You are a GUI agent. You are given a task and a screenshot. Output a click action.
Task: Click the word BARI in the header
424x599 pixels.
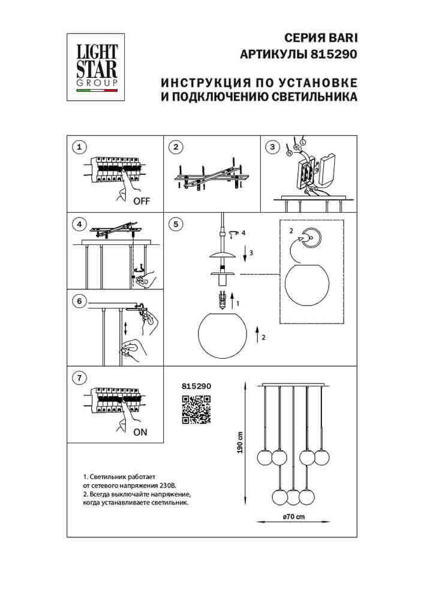tap(342, 37)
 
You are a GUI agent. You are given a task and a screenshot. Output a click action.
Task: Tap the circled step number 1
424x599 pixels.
tap(79, 146)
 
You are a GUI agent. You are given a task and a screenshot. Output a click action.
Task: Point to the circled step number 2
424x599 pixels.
tap(175, 146)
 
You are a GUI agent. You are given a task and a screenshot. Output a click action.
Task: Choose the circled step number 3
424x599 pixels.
tap(272, 146)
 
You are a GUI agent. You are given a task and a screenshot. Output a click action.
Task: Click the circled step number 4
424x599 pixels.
tap(79, 224)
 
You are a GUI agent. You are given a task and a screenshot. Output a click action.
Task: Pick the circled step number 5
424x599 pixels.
tap(175, 224)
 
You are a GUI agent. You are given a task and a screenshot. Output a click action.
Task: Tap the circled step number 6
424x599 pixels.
tap(79, 301)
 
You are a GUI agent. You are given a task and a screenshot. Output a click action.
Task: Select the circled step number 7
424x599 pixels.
tap(79, 377)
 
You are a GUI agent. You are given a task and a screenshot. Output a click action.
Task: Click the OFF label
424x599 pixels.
tap(142, 201)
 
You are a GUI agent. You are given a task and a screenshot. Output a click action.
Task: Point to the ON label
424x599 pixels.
tap(140, 432)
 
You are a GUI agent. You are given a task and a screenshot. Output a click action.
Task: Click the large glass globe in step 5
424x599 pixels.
tap(221, 336)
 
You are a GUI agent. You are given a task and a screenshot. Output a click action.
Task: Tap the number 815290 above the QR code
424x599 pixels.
tap(196, 388)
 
